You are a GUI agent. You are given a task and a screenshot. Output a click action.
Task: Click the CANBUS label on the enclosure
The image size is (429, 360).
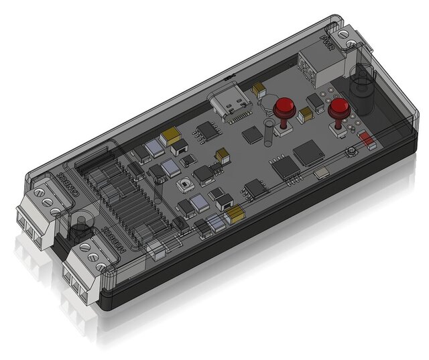click(63, 184)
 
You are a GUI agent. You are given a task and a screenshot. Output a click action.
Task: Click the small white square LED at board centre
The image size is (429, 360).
click(184, 184)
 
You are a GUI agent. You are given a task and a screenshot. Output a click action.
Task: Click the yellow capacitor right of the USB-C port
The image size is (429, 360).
click(259, 88)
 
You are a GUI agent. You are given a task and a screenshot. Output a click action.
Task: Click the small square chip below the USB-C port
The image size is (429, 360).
click(253, 135)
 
